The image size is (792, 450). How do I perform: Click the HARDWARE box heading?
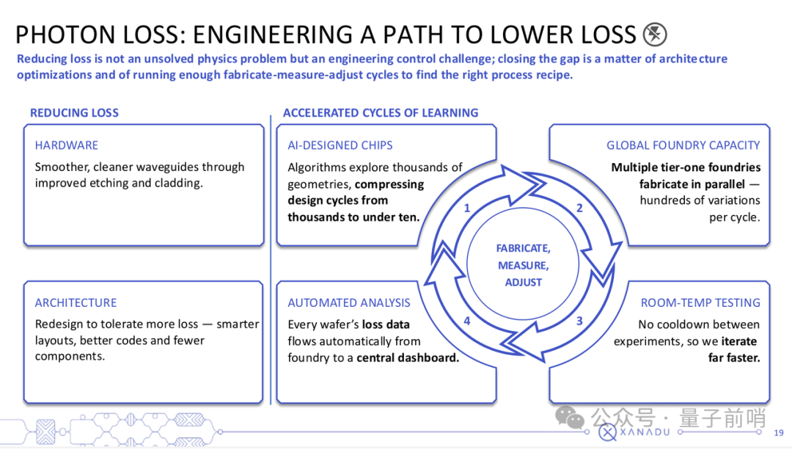66,145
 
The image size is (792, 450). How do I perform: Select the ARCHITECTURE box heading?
76,303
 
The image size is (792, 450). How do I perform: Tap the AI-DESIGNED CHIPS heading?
340,145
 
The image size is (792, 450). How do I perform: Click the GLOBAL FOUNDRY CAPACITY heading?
683,145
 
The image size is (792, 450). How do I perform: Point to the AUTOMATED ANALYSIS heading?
349,303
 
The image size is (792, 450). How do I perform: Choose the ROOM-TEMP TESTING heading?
700,303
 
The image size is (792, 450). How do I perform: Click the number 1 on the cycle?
466,208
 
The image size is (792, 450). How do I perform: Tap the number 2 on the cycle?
579,208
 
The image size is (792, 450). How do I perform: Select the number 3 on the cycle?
579,321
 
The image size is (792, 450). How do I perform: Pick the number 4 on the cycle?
466,321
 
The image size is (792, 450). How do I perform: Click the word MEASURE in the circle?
524,266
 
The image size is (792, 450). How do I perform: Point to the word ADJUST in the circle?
524,283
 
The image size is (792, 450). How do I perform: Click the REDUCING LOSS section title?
74,113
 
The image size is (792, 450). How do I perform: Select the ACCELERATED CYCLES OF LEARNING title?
381,113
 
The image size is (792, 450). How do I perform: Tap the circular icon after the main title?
655,35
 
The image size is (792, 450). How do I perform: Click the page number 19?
778,433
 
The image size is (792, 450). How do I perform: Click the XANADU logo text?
645,432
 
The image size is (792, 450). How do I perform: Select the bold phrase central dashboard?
408,358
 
